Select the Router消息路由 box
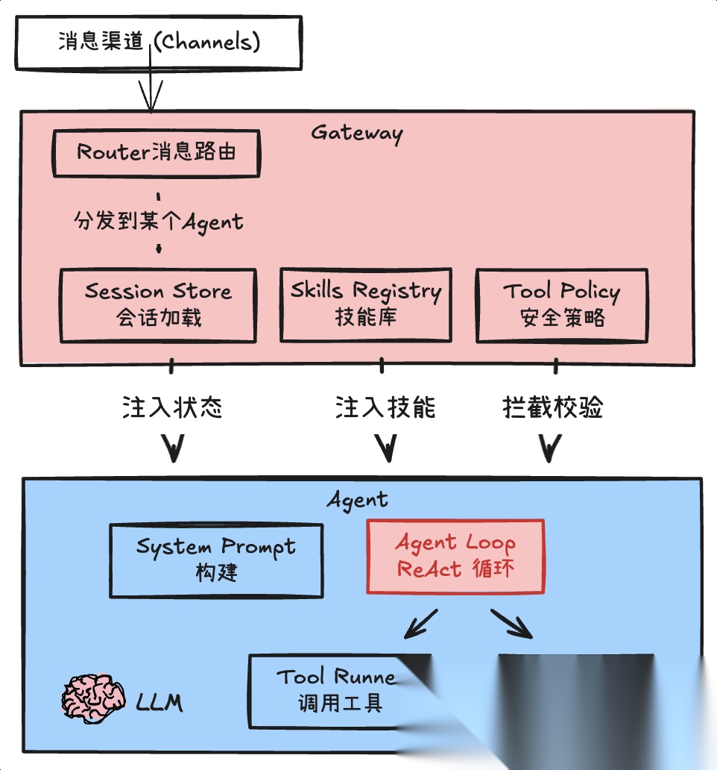[x=157, y=153]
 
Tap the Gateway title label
[x=357, y=133]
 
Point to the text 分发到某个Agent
[x=158, y=222]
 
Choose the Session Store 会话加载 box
[x=158, y=304]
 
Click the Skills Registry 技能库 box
[x=365, y=304]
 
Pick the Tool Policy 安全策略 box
[x=561, y=304]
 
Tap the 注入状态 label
[x=172, y=407]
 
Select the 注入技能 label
[x=385, y=407]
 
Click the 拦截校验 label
[x=553, y=407]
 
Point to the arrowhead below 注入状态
[x=174, y=448]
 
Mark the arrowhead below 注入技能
[x=385, y=448]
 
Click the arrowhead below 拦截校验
[x=550, y=448]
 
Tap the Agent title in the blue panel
[x=358, y=499]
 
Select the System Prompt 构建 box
[x=216, y=560]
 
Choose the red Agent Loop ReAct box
[x=455, y=557]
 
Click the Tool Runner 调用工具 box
[x=328, y=690]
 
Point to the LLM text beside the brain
[x=159, y=701]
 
